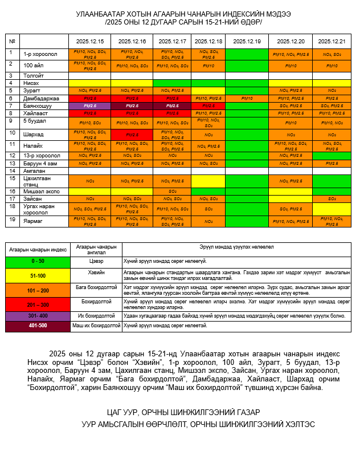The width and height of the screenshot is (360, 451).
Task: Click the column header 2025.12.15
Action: click(89, 42)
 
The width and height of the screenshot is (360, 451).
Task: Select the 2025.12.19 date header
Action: click(247, 42)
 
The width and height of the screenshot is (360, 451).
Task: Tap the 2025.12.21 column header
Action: click(332, 42)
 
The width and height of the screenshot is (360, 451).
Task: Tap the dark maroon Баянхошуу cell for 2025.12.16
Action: click(132, 106)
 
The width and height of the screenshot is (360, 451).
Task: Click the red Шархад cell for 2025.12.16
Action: click(132, 135)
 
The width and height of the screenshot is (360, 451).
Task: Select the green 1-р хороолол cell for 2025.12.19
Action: click(247, 54)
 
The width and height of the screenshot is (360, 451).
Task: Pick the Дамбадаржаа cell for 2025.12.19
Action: click(247, 98)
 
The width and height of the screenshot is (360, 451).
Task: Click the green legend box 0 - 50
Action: click(37, 260)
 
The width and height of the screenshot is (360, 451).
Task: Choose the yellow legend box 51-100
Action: click(37, 274)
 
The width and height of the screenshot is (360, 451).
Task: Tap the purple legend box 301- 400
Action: click(37, 315)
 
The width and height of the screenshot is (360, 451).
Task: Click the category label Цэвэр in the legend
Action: click(96, 260)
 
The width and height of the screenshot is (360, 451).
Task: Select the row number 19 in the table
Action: click(10, 218)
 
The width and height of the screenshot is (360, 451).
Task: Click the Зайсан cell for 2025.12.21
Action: click(332, 198)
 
